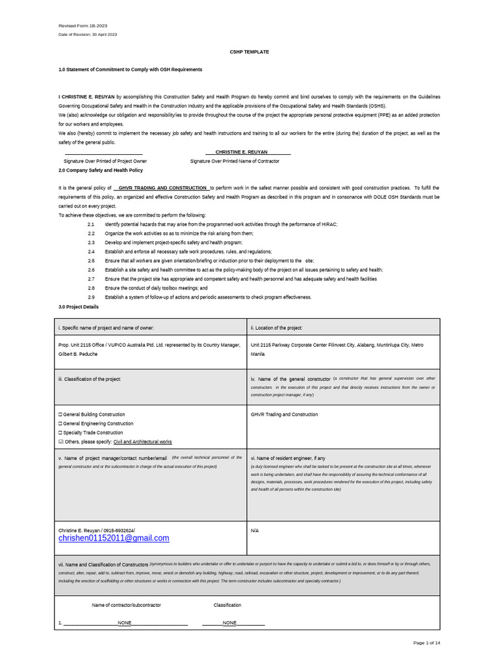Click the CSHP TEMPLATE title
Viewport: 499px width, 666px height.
coord(249,52)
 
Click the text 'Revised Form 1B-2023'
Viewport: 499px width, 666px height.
coord(81,26)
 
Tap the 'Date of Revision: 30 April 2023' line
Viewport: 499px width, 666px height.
coord(88,34)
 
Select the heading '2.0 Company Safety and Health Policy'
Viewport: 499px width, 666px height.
coord(101,170)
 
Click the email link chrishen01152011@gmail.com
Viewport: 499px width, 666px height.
coord(114,538)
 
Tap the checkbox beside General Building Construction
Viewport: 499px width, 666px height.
coord(60,414)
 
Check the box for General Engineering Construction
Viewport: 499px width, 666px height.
coord(60,423)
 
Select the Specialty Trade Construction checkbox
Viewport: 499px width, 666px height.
coord(60,433)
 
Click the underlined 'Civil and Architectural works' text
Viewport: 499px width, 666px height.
coord(143,442)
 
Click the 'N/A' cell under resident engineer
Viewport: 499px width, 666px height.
coord(255,531)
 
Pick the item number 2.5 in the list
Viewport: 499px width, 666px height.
coord(91,260)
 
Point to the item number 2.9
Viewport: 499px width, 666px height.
coord(91,297)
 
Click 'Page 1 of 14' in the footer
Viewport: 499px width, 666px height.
coord(427,643)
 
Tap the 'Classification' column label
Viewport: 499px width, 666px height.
coord(227,605)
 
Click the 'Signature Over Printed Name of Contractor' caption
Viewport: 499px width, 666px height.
coord(235,161)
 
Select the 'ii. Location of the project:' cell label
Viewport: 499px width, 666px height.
coord(276,328)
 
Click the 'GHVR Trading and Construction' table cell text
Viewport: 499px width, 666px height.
coord(285,414)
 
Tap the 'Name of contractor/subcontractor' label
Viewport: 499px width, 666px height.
coord(126,605)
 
